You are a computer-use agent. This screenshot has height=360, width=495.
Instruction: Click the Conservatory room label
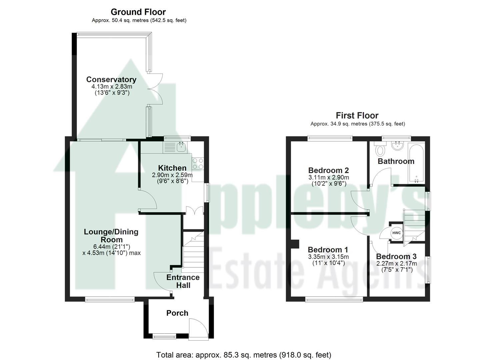point(111,80)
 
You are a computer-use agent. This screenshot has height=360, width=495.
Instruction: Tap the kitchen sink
point(181,146)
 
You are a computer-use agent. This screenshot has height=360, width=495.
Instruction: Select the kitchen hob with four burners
point(198,163)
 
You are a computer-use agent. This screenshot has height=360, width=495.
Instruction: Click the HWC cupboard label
point(396,233)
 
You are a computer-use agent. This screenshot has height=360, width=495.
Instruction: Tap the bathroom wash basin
point(397,145)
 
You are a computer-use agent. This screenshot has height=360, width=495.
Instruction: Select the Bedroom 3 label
point(396,256)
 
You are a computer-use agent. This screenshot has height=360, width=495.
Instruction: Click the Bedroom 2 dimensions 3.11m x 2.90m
point(329,177)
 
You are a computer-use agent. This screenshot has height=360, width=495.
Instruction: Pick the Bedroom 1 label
point(328,250)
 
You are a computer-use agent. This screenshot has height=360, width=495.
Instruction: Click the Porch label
point(177,313)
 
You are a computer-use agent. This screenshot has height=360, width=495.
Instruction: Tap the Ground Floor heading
point(138,12)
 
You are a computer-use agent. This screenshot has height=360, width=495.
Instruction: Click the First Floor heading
point(357,116)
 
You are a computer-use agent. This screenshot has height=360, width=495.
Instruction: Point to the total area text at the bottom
point(244,355)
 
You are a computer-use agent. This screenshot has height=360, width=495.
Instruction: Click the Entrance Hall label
point(183,281)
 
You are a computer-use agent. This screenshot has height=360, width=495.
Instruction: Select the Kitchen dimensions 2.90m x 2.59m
point(172,175)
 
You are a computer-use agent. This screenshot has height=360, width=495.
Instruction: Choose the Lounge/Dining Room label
point(111,236)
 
